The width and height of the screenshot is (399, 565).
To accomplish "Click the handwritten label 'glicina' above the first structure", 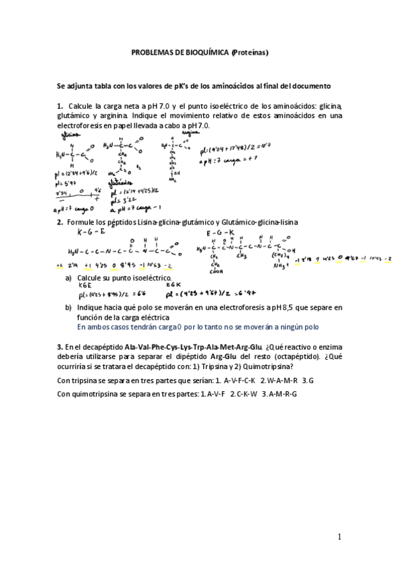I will coord(69,133).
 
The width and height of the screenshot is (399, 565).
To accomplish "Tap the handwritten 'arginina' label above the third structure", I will coord(174,132).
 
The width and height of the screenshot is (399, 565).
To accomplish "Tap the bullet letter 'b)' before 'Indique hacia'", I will coord(69,308).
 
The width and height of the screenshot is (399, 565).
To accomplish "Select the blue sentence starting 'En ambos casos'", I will coord(198,327).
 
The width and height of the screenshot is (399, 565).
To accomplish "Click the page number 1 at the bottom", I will coord(339,537).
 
